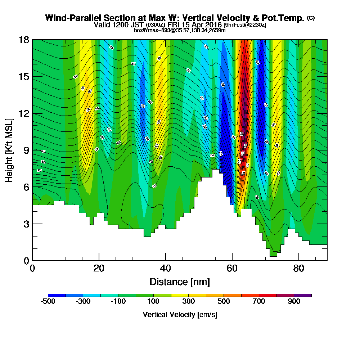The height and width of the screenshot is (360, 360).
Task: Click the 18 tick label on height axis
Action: coord(24,40)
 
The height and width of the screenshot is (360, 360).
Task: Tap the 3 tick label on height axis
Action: coord(26,224)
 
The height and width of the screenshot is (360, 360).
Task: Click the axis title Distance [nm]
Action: coord(180,282)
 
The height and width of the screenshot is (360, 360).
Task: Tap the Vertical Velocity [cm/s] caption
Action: coord(180,315)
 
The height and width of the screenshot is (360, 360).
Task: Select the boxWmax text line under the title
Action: coord(180,30)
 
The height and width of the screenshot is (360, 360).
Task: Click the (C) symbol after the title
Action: coord(311,18)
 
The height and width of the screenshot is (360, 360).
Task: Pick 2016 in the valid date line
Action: coord(214,25)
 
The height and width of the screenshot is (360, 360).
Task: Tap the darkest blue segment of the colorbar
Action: coord(57,295)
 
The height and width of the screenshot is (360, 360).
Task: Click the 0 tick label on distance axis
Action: coord(32,269)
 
